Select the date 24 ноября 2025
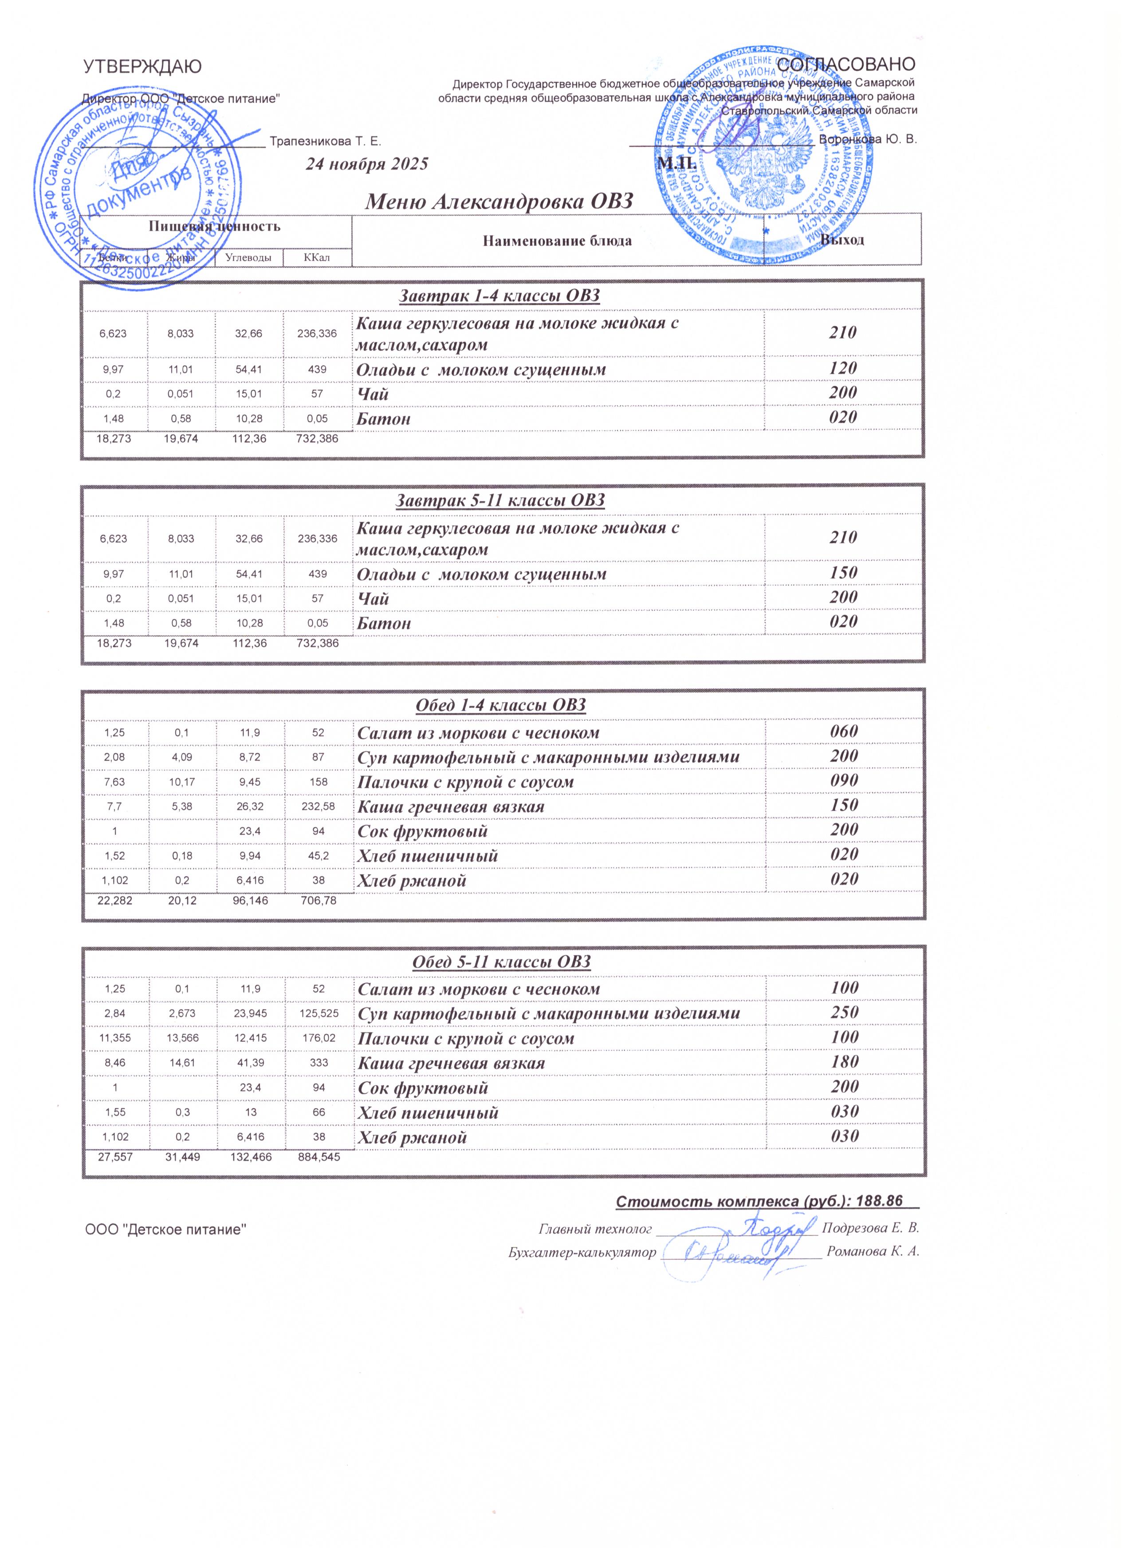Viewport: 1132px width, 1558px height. tap(366, 164)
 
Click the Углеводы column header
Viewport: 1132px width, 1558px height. tap(248, 257)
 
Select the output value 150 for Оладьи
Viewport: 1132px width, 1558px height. tap(844, 573)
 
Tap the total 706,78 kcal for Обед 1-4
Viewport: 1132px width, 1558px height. tap(318, 900)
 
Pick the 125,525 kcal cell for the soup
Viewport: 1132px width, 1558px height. tap(318, 1014)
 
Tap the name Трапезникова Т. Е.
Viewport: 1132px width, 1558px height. tap(326, 142)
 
